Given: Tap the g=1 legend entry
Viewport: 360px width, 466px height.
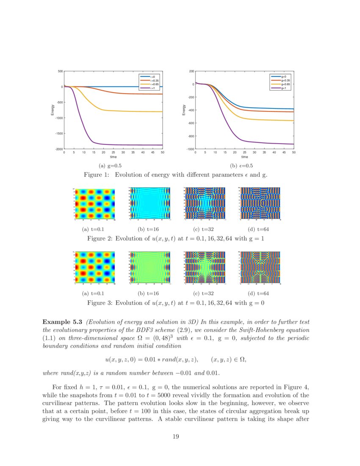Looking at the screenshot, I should pos(283,88).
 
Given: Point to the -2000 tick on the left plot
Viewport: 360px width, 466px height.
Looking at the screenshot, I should pos(59,149).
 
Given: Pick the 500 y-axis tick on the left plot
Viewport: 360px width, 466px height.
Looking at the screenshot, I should pos(60,71).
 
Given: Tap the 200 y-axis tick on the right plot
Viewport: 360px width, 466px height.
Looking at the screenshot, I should pos(191,71).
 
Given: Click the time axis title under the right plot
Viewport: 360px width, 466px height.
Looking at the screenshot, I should pos(244,157).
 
